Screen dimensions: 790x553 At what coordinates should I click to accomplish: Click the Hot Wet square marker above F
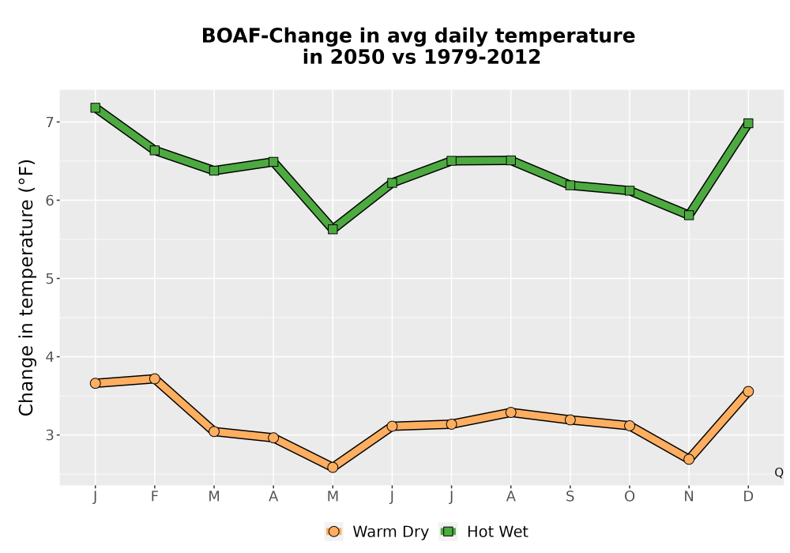(155, 150)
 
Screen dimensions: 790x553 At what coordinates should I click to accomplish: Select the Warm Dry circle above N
(689, 459)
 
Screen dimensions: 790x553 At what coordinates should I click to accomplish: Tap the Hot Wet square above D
(748, 123)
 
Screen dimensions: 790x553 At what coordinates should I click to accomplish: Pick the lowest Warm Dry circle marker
(333, 468)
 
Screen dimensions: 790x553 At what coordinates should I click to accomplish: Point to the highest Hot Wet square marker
(96, 107)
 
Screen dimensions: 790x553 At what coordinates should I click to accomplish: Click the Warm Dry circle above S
(570, 419)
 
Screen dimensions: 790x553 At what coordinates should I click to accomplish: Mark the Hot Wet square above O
(630, 190)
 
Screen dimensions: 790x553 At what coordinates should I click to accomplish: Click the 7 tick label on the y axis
(49, 122)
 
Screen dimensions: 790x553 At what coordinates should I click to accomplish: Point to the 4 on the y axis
(49, 357)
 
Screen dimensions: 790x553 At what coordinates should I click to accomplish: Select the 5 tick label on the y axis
(49, 279)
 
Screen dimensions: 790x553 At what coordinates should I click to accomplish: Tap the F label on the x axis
(155, 497)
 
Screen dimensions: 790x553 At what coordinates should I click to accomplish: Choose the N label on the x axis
(689, 497)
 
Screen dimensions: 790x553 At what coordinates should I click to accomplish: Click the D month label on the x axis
(748, 497)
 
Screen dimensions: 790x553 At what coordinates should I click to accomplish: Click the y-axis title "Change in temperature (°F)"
(26, 288)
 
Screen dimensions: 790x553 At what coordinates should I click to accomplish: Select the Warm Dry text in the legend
(390, 532)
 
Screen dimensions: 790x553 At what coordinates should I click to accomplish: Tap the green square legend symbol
(448, 532)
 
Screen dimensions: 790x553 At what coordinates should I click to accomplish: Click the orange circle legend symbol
(333, 532)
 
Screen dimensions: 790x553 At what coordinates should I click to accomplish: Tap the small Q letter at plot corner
(778, 472)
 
